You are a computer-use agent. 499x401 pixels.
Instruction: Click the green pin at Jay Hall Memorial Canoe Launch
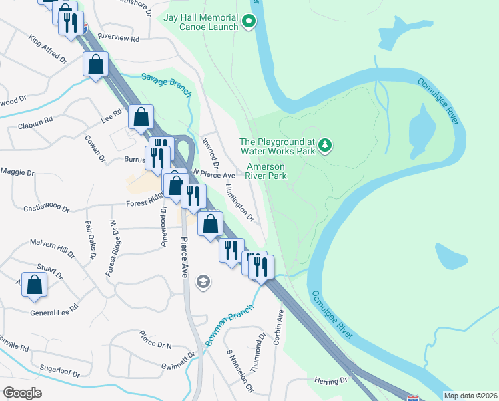[x=249, y=21]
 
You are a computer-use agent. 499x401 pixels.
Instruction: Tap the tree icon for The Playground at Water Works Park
[x=324, y=145]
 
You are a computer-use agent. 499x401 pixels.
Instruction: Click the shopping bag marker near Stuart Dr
[x=35, y=284]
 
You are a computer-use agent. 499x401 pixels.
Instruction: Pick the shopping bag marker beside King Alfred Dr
[x=95, y=65]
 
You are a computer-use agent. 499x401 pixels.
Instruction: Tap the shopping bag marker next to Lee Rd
[x=141, y=117]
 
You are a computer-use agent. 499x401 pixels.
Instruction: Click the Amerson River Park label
[x=266, y=171]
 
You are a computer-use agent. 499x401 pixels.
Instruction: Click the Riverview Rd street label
[x=118, y=39]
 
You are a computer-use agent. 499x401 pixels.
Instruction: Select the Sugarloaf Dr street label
[x=59, y=372]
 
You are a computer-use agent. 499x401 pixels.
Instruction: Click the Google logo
[x=22, y=393]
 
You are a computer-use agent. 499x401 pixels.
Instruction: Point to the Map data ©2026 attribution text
[x=470, y=395]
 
